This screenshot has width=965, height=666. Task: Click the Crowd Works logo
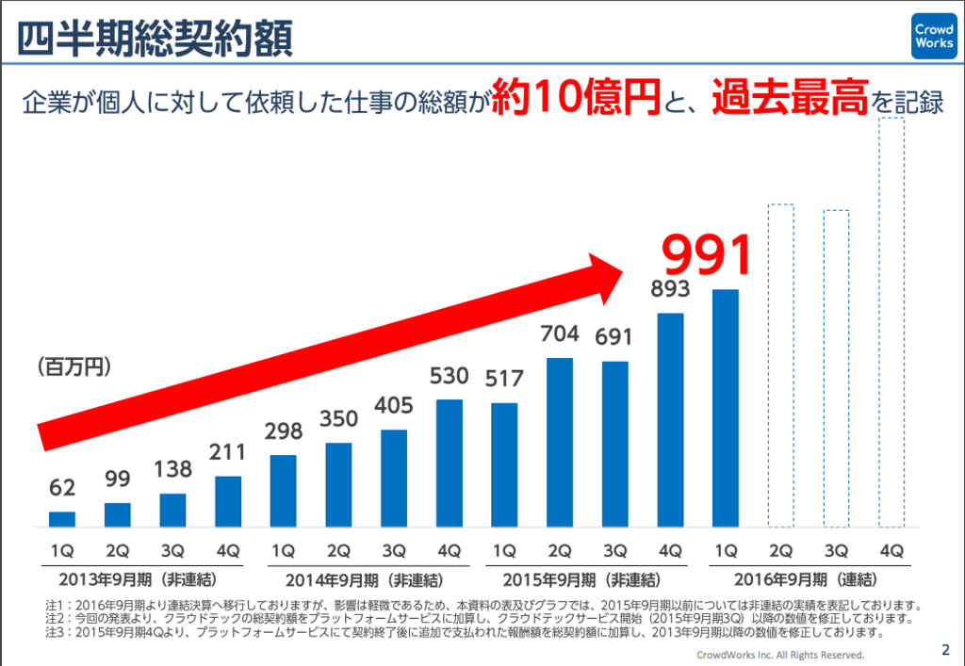tap(933, 37)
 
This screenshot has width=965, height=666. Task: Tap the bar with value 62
tap(62, 518)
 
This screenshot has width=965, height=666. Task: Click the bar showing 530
tap(450, 463)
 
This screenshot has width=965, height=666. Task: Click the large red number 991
tap(707, 253)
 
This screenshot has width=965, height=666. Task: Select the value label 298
tap(284, 431)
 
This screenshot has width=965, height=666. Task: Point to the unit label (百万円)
tap(74, 365)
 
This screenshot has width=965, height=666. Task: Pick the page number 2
tap(946, 649)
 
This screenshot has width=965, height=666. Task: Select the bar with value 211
tap(228, 501)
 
